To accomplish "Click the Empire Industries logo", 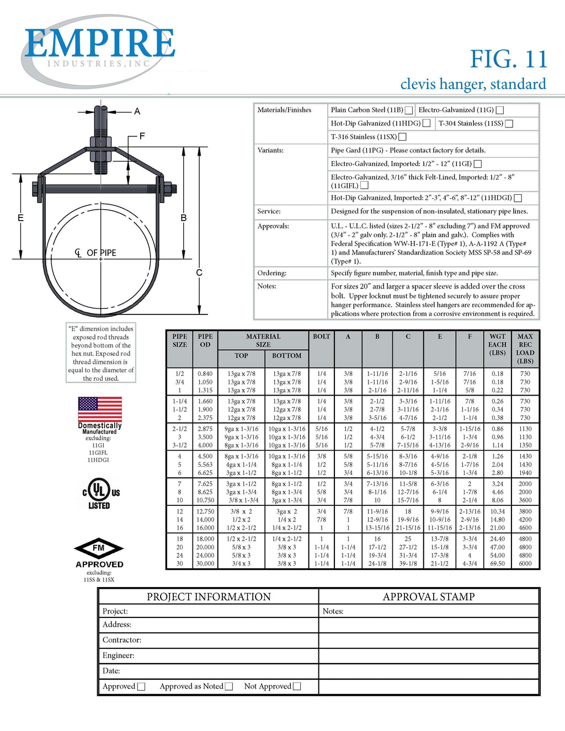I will point(99,50).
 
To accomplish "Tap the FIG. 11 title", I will point(508,59).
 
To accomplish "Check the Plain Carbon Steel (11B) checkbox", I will point(409,110).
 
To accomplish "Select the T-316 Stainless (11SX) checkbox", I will point(402,137).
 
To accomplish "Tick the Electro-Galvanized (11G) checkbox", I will point(499,110).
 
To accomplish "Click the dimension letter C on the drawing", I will point(199,273).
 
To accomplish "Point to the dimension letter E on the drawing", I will point(20,218).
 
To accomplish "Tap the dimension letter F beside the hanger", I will point(142,136).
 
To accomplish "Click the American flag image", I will point(100,409).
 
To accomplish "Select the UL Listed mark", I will point(100,493).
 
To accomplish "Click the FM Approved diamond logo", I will point(99,549).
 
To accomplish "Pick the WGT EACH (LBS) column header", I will point(497,344).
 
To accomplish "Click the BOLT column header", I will point(322,337).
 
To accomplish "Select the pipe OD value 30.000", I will point(205,564).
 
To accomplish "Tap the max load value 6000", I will point(525,564).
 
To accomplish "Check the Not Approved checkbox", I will point(297,686).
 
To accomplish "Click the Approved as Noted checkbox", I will point(229,686).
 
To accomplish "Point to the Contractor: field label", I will point(122,640).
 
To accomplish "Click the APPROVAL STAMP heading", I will point(429,597).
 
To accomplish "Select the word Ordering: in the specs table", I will point(272,273).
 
